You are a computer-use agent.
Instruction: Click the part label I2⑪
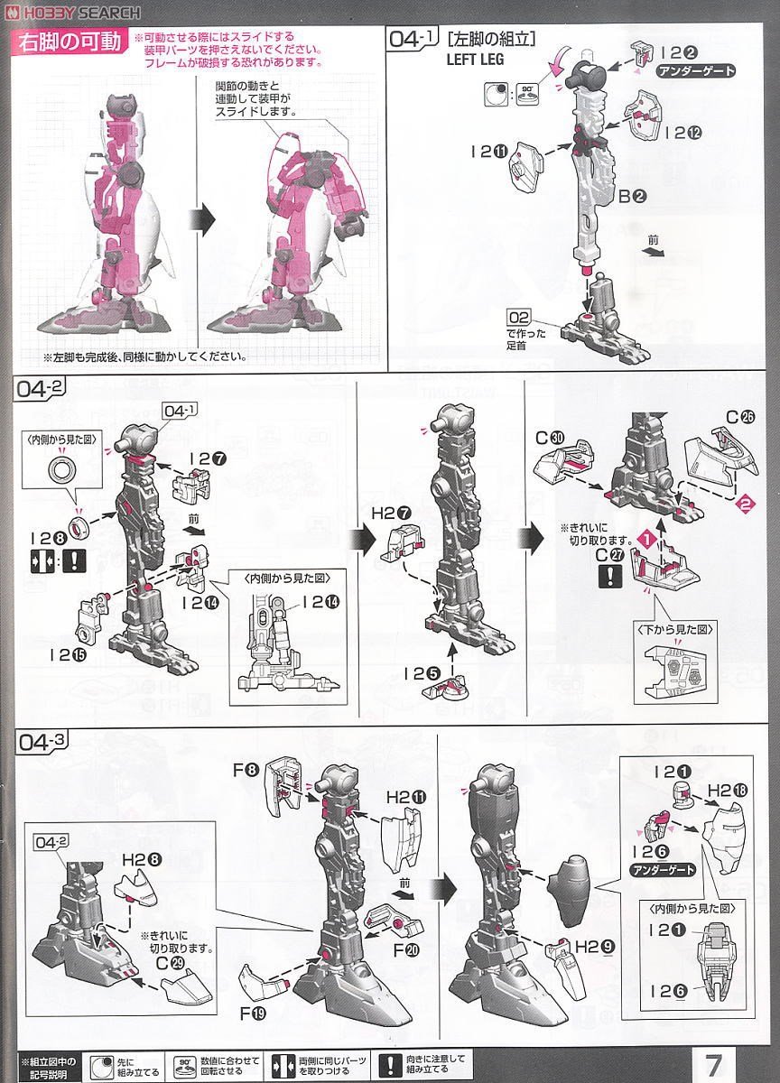pos(487,152)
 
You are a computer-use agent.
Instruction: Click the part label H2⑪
pos(405,798)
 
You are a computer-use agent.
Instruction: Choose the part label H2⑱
pos(726,791)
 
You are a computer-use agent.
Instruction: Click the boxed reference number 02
pos(518,317)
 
